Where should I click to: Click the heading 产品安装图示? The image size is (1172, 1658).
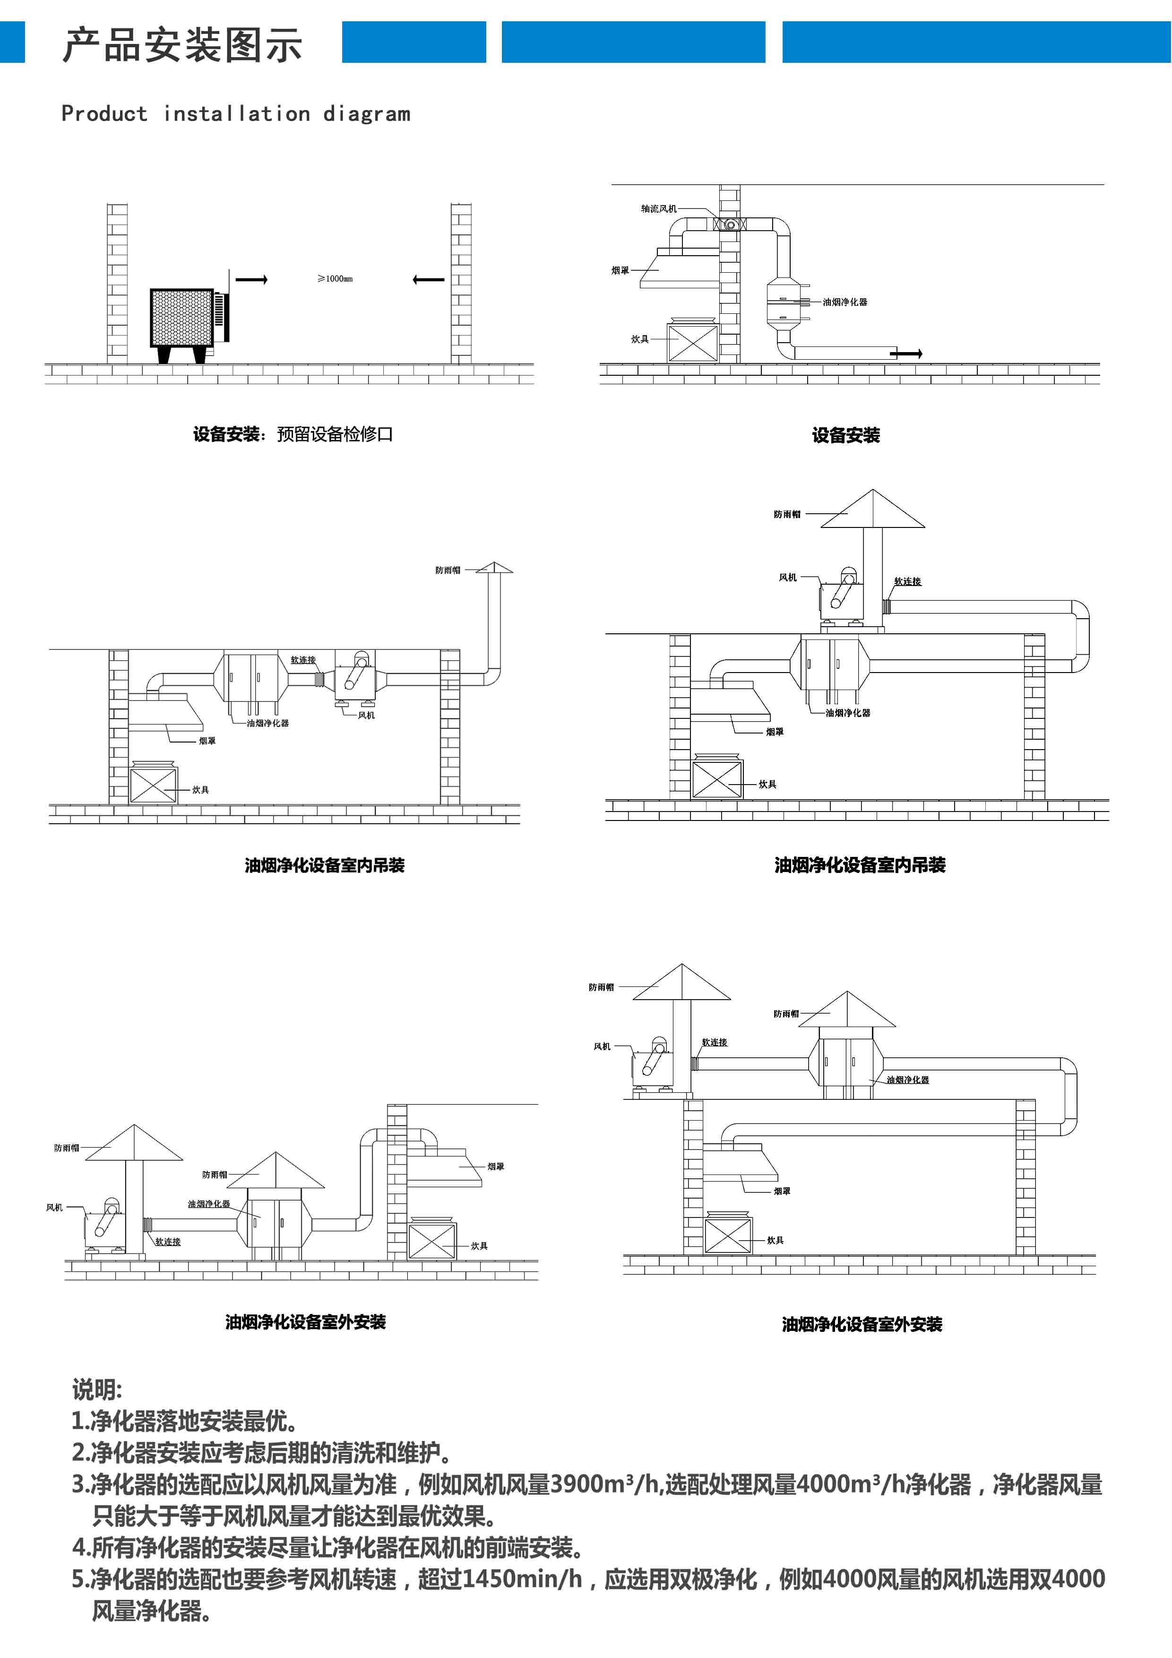pyautogui.click(x=182, y=45)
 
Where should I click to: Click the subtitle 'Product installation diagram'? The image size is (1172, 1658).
pyautogui.click(x=235, y=114)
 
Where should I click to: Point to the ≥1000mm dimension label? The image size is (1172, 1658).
pyautogui.click(x=335, y=279)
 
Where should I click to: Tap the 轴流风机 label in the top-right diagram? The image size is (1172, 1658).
pyautogui.click(x=659, y=209)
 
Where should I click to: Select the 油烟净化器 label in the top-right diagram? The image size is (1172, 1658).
pyautogui.click(x=845, y=302)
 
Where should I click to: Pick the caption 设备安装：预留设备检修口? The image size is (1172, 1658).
pyautogui.click(x=293, y=434)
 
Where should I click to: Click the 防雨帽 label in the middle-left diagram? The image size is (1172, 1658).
pyautogui.click(x=448, y=570)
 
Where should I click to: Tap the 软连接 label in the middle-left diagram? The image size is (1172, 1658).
pyautogui.click(x=303, y=659)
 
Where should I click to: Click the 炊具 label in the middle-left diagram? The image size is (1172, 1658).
pyautogui.click(x=201, y=789)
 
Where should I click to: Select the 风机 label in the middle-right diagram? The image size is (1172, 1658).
pyautogui.click(x=788, y=577)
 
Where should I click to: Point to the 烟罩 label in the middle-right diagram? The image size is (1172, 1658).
pyautogui.click(x=775, y=732)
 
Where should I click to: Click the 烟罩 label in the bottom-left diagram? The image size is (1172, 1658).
pyautogui.click(x=495, y=1166)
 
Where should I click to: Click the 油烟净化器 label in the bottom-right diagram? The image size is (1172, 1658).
pyautogui.click(x=908, y=1079)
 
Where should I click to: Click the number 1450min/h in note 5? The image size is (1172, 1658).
pyautogui.click(x=521, y=1579)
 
